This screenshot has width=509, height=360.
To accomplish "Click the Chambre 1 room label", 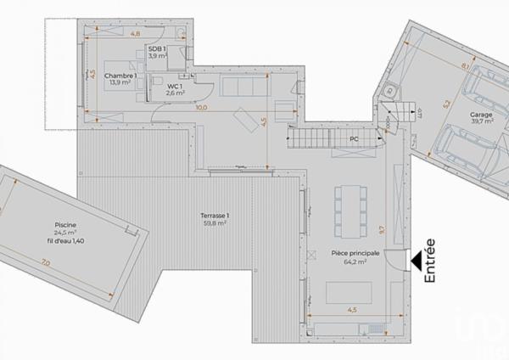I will click(x=120, y=76).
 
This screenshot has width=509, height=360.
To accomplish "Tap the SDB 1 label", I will click(x=157, y=48).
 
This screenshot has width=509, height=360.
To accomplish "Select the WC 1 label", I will click(x=175, y=86).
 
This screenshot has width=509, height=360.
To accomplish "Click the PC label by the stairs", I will click(x=354, y=138).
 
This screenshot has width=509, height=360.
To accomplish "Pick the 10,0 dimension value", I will click(x=200, y=108).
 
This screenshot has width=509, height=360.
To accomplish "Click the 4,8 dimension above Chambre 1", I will click(x=136, y=35).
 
